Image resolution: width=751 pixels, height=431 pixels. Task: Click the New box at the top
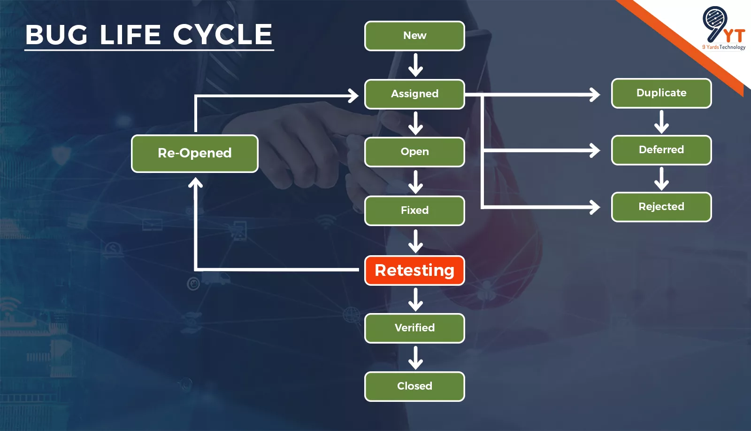coord(414,36)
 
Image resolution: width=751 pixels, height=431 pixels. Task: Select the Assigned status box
coord(414,94)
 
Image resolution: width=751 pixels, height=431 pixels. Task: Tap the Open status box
coord(414,152)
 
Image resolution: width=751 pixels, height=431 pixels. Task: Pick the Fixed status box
coord(414,211)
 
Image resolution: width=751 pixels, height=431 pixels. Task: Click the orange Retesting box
coord(414,270)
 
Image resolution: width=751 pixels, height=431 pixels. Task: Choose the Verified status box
coord(414,328)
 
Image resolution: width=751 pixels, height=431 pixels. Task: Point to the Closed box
coord(414,386)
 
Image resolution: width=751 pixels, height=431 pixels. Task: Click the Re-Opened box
coord(194,153)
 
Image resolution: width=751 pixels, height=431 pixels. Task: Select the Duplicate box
coord(661,93)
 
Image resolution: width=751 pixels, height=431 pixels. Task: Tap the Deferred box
coord(661,150)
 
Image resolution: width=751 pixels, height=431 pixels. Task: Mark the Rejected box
coord(661,207)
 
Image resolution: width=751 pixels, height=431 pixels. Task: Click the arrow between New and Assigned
coord(415,65)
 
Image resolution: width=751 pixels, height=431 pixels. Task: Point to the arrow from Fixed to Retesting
coord(415,241)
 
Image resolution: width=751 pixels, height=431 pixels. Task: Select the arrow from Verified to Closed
coord(415,358)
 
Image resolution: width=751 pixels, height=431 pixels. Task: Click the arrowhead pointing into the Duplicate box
coord(595,94)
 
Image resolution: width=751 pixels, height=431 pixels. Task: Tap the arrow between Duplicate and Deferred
coord(661,122)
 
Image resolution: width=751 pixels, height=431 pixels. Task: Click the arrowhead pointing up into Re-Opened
coord(195,183)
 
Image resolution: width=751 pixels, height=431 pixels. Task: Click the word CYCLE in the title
coord(222,35)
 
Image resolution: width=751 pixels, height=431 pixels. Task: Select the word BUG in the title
coord(56,35)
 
